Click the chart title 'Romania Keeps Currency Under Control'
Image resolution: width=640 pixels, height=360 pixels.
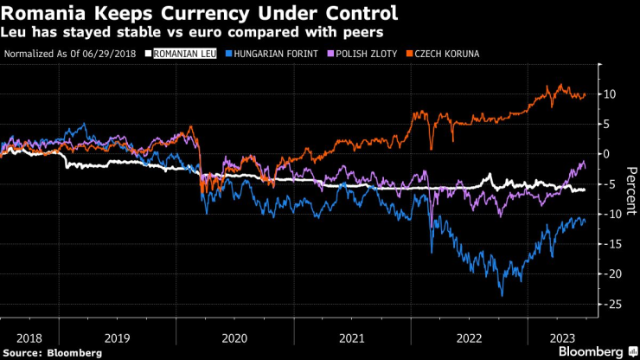[x=201, y=14]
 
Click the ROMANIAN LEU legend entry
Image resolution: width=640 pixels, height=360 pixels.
[x=182, y=54]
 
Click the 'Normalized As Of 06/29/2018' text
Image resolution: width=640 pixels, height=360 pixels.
[x=71, y=54]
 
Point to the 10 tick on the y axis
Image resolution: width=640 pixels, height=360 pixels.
[x=609, y=93]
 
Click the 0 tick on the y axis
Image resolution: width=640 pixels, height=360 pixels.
[x=607, y=153]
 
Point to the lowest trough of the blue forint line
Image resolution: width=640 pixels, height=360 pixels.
[x=502, y=296]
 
